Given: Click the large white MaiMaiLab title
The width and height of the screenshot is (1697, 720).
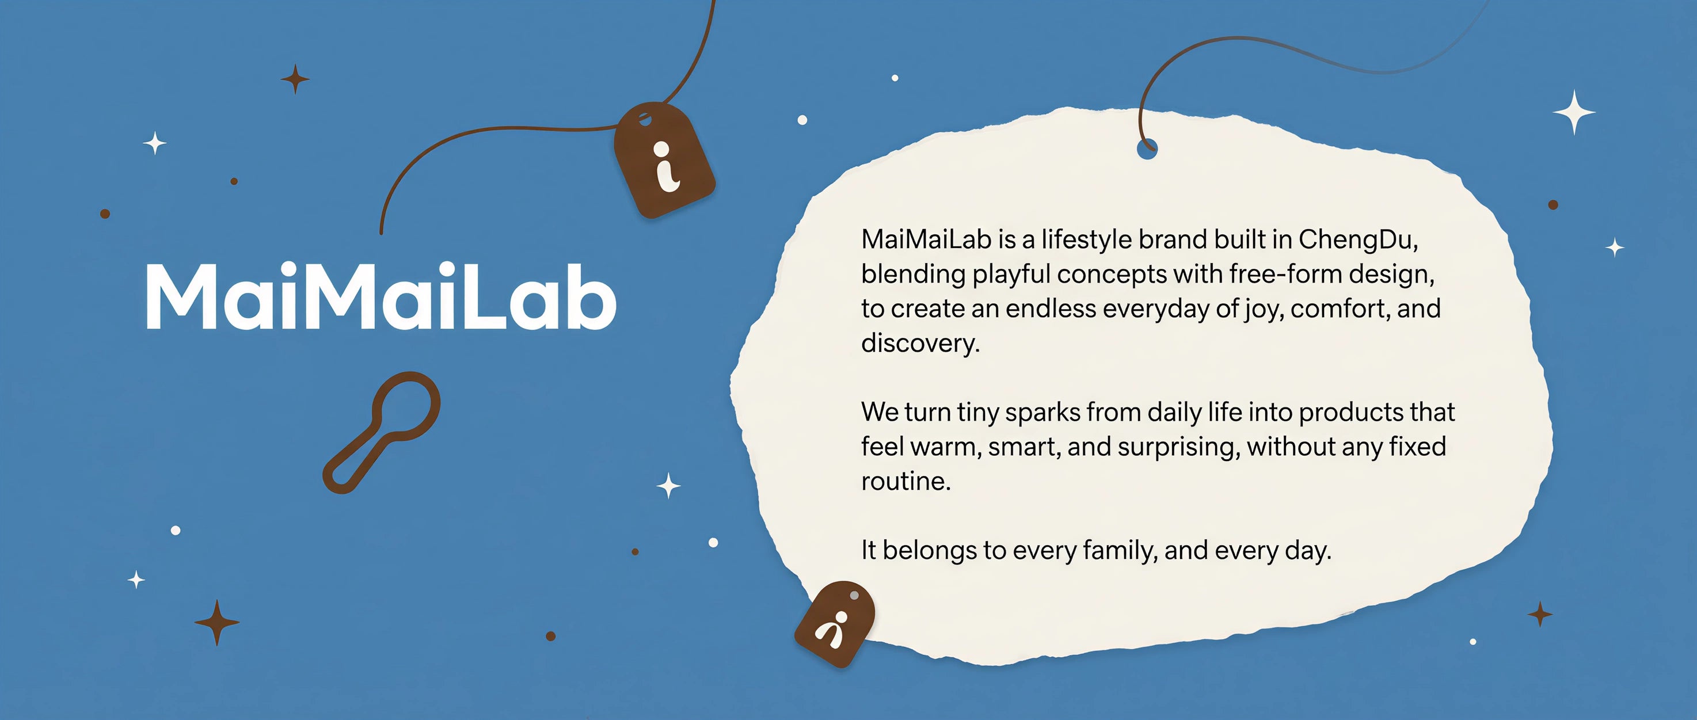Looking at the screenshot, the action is coord(381,296).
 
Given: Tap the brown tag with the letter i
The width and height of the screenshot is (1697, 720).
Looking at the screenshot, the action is coord(664,160).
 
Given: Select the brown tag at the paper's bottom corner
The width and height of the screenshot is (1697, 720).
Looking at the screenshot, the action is coord(835,623).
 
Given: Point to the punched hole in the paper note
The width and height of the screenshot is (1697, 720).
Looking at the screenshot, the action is coord(1147,150).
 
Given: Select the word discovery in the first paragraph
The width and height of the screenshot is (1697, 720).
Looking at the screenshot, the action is coord(920,342).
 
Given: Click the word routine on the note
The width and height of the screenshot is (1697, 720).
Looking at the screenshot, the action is coord(906,481).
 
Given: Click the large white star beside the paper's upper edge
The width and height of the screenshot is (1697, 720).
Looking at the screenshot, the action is coord(1574,112).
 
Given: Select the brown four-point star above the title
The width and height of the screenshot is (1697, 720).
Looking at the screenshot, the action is coord(295,79).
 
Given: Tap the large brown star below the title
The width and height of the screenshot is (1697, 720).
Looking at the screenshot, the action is coord(217,622).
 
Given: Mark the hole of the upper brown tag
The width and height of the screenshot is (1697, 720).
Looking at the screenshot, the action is coord(644,120).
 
